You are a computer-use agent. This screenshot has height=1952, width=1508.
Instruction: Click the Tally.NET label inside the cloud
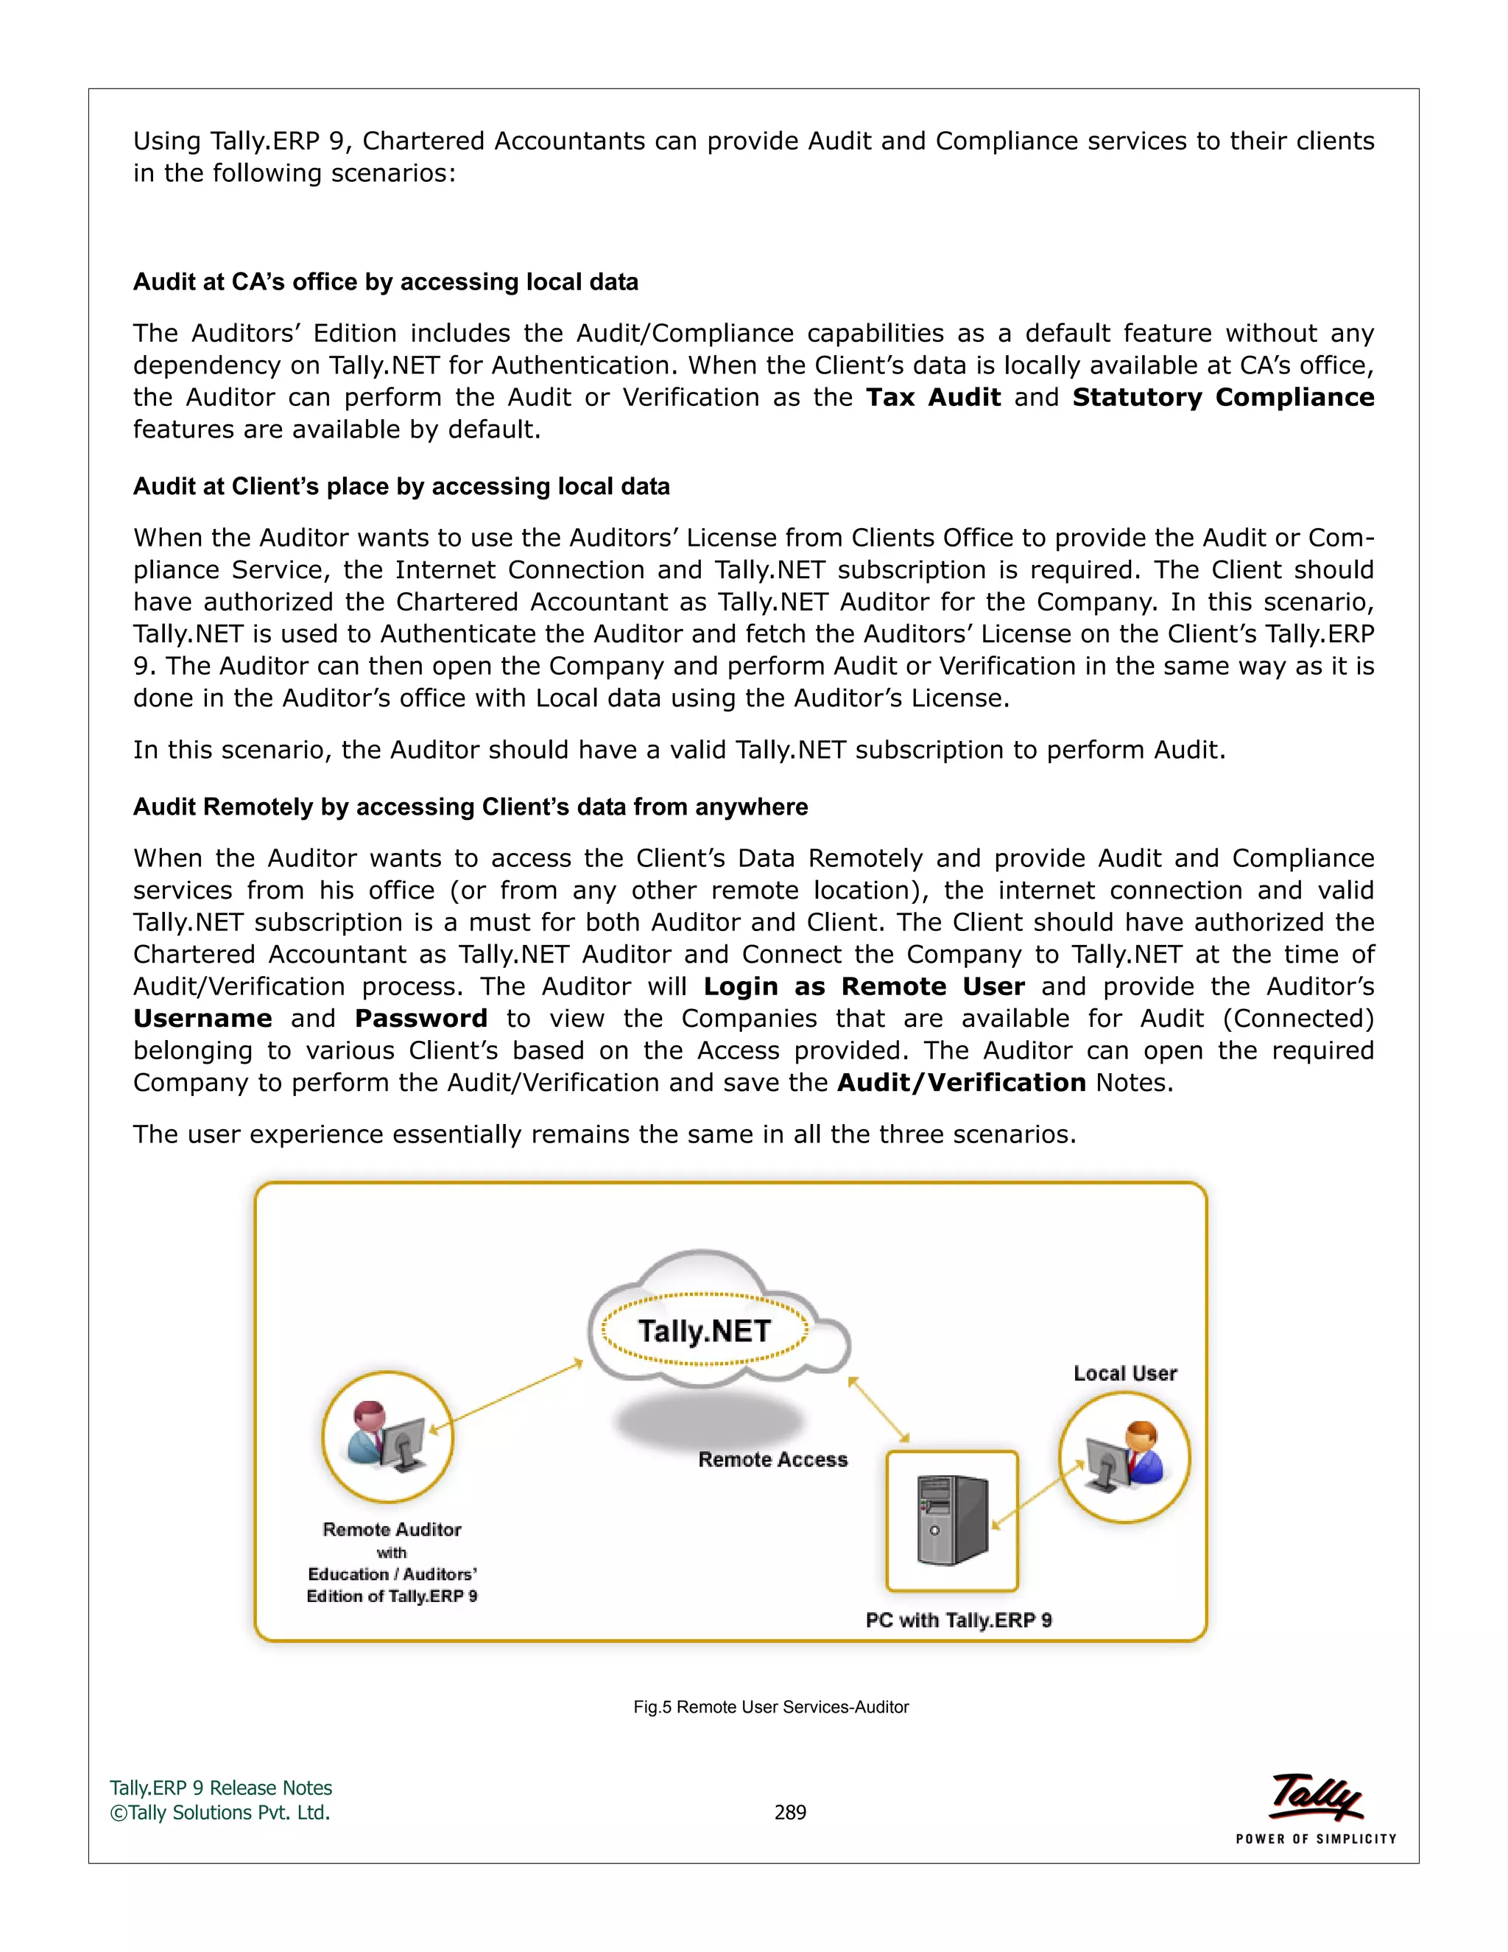click(704, 1331)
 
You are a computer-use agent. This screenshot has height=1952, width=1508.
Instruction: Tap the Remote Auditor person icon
click(388, 1436)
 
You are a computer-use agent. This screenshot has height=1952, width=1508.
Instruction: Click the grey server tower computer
click(952, 1520)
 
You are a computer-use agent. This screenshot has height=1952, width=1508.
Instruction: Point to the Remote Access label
click(772, 1459)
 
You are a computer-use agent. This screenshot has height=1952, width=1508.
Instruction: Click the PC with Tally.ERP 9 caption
click(959, 1621)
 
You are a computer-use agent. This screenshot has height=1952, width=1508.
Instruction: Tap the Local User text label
click(1125, 1374)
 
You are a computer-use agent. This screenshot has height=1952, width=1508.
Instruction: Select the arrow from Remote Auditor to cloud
click(507, 1397)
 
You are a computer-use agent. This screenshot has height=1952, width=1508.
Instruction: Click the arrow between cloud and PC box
click(878, 1409)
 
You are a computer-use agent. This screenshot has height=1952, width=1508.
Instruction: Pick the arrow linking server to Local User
click(1038, 1495)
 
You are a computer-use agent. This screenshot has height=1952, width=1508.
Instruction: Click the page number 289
click(790, 1813)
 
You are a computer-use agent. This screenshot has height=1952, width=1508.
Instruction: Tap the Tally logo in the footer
click(1316, 1798)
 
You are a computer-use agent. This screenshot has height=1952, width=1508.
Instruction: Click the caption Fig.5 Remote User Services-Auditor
click(771, 1707)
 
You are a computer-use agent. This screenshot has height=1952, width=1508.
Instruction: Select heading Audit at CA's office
click(386, 282)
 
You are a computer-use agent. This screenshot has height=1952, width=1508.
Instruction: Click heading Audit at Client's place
click(401, 487)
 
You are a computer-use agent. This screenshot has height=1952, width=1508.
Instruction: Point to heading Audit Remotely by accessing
click(470, 807)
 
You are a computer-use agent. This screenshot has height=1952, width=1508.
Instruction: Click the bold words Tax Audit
click(933, 398)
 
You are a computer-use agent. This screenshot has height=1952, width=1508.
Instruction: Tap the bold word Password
click(420, 1019)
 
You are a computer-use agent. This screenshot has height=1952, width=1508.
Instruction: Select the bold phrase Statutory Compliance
click(1222, 398)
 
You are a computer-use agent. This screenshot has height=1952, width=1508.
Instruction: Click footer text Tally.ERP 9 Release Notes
click(221, 1788)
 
